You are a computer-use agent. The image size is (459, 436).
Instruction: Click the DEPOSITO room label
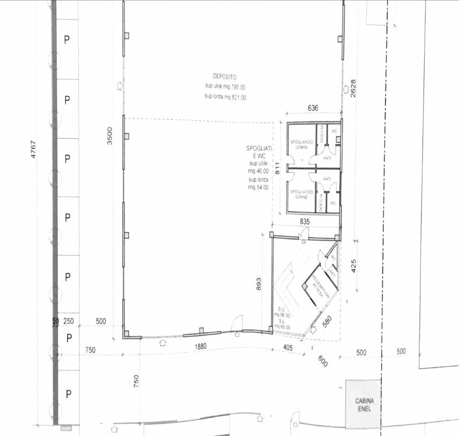click(224, 77)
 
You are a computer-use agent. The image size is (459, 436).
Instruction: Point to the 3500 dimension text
click(110, 135)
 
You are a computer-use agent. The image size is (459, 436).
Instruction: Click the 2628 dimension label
click(353, 88)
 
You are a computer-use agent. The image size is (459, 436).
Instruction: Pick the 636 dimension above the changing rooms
click(313, 108)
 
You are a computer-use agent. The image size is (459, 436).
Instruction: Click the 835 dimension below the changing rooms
click(305, 221)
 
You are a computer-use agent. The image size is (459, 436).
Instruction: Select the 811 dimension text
click(278, 170)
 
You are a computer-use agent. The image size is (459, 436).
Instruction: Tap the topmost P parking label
click(67, 40)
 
